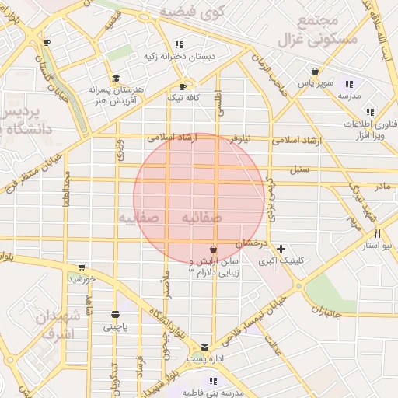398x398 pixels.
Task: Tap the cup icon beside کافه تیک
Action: click(x=183, y=86)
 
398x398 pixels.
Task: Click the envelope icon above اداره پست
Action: click(x=204, y=347)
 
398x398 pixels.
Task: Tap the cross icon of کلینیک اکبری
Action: click(x=281, y=249)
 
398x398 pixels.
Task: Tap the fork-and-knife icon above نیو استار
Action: click(x=377, y=233)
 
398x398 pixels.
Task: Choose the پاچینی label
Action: click(x=119, y=327)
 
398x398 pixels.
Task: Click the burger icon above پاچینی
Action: click(x=116, y=315)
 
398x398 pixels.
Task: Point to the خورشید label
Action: click(x=82, y=278)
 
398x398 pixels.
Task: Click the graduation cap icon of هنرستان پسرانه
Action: click(x=116, y=78)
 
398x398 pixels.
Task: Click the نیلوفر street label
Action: click(x=239, y=138)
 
